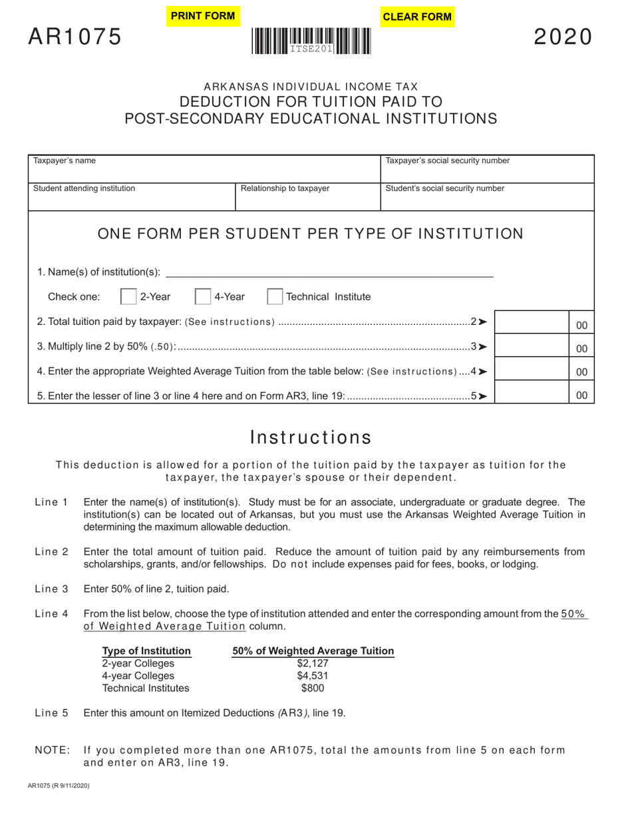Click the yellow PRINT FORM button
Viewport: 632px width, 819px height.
[x=203, y=16]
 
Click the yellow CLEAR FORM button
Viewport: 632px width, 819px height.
[x=417, y=17]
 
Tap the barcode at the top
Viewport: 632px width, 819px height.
[x=311, y=41]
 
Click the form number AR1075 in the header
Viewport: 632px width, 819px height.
[x=75, y=37]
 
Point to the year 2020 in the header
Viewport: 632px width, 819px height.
[x=563, y=37]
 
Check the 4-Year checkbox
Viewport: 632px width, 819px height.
[x=202, y=297]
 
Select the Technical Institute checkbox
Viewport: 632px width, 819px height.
[x=274, y=297]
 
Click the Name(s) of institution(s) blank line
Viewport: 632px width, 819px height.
[x=329, y=272]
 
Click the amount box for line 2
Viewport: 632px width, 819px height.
[x=532, y=322]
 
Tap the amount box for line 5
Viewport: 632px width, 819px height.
[x=532, y=393]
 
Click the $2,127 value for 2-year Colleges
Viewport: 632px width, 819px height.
[x=313, y=663]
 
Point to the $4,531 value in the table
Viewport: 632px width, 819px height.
[x=313, y=676]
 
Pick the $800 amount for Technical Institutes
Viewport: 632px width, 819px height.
[x=313, y=688]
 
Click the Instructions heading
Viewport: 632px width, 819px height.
[x=311, y=437]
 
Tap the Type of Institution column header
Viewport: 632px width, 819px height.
[x=146, y=651]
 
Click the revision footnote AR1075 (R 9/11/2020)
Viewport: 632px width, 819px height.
[x=59, y=786]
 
